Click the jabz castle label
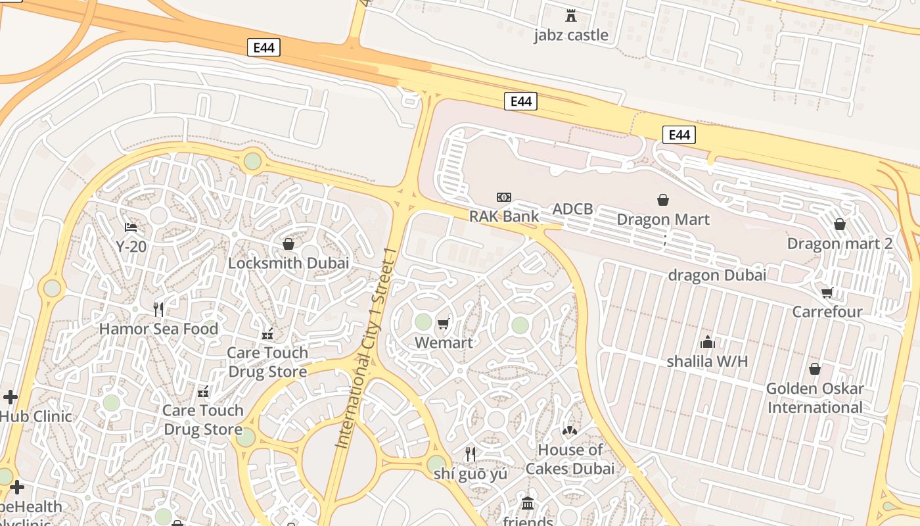coord(570,35)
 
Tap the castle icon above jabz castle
coord(570,15)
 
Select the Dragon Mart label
coord(663,219)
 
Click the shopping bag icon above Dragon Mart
coord(663,199)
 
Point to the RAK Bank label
coord(503,216)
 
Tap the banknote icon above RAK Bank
coord(504,197)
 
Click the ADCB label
coord(572,209)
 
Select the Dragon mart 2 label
coord(840,244)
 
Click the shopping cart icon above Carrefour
coord(827,292)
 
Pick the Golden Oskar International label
coord(815,398)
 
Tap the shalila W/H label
coord(707,361)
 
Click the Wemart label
coord(444,343)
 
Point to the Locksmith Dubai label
coord(288,263)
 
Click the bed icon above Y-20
coord(131,227)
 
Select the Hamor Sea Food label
coord(158,328)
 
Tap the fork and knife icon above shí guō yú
coord(471,454)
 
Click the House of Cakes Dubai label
coord(570,459)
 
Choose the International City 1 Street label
coord(365,348)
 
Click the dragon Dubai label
coord(717,275)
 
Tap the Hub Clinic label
coord(35,416)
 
